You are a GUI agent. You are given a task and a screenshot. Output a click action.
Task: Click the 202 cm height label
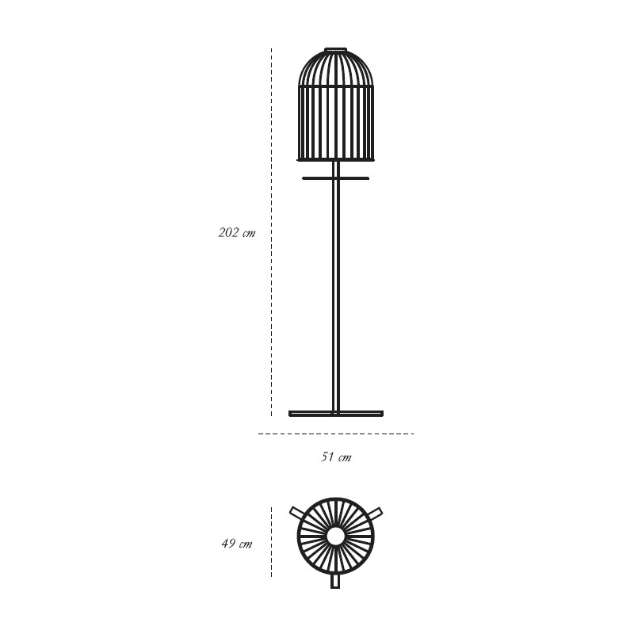pyautogui.click(x=237, y=232)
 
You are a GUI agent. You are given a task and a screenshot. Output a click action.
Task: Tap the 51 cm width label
pyautogui.click(x=336, y=457)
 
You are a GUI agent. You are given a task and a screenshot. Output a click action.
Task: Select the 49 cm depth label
pyautogui.click(x=237, y=543)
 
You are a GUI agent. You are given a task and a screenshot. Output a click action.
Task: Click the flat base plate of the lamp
pyautogui.click(x=336, y=413)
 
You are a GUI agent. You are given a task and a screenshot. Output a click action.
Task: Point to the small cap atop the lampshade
pyautogui.click(x=336, y=50)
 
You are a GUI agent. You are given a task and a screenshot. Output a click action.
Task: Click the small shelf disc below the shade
pyautogui.click(x=335, y=178)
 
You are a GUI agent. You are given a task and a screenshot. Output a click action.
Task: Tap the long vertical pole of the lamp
pyautogui.click(x=336, y=287)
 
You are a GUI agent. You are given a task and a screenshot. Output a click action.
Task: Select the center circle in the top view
pyautogui.click(x=335, y=537)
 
